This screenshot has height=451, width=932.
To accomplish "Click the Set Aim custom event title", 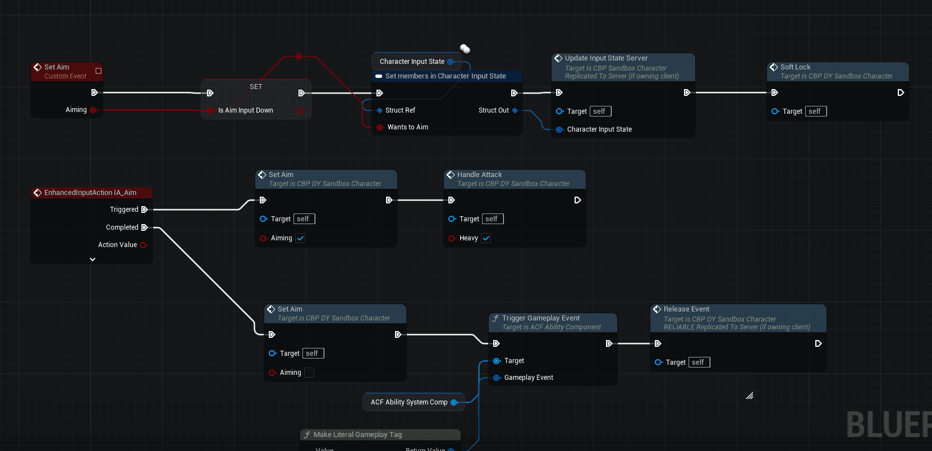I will (57, 67).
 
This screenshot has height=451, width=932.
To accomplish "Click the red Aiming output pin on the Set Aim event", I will (93, 110).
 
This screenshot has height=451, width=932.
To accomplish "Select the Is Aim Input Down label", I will (245, 110).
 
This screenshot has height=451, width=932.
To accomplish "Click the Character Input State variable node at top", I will (412, 62).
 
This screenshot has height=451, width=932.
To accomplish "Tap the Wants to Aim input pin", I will (380, 127).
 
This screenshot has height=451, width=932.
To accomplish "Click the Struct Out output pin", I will (515, 110).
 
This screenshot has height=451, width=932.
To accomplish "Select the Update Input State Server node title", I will (606, 58).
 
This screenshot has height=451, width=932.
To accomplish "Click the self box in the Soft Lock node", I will (815, 111).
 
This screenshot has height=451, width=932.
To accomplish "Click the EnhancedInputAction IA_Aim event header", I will (90, 193).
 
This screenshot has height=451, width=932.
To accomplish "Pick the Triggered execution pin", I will (144, 210).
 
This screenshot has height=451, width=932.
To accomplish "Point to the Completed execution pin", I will (144, 227).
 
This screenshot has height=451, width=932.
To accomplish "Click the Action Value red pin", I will (143, 245).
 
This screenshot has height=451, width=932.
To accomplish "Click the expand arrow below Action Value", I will (93, 259).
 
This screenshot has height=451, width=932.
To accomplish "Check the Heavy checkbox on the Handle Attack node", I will (486, 238).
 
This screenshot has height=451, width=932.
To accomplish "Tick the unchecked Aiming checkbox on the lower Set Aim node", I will (309, 373).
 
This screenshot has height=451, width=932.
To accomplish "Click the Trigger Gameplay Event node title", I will (541, 318).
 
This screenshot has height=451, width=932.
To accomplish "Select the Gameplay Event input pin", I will (497, 378).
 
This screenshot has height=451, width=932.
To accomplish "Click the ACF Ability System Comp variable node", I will (409, 402).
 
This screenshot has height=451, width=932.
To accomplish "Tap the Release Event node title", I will (686, 309).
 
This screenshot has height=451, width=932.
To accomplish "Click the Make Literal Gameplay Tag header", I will (357, 435).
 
